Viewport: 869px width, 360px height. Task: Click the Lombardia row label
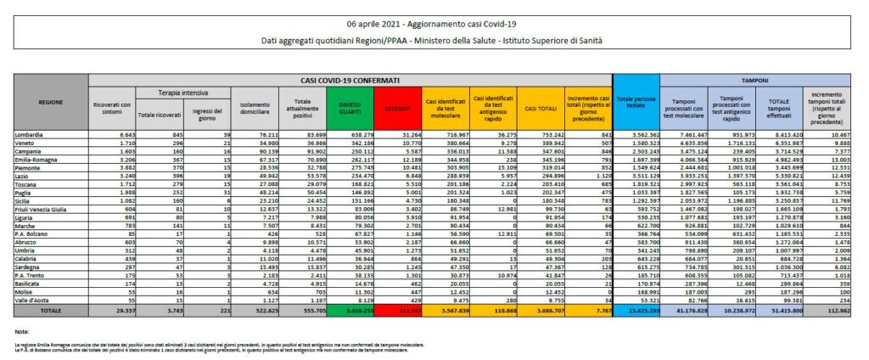click(x=30, y=134)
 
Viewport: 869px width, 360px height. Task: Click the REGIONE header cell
click(x=50, y=101)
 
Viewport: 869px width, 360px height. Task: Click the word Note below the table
click(x=22, y=331)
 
